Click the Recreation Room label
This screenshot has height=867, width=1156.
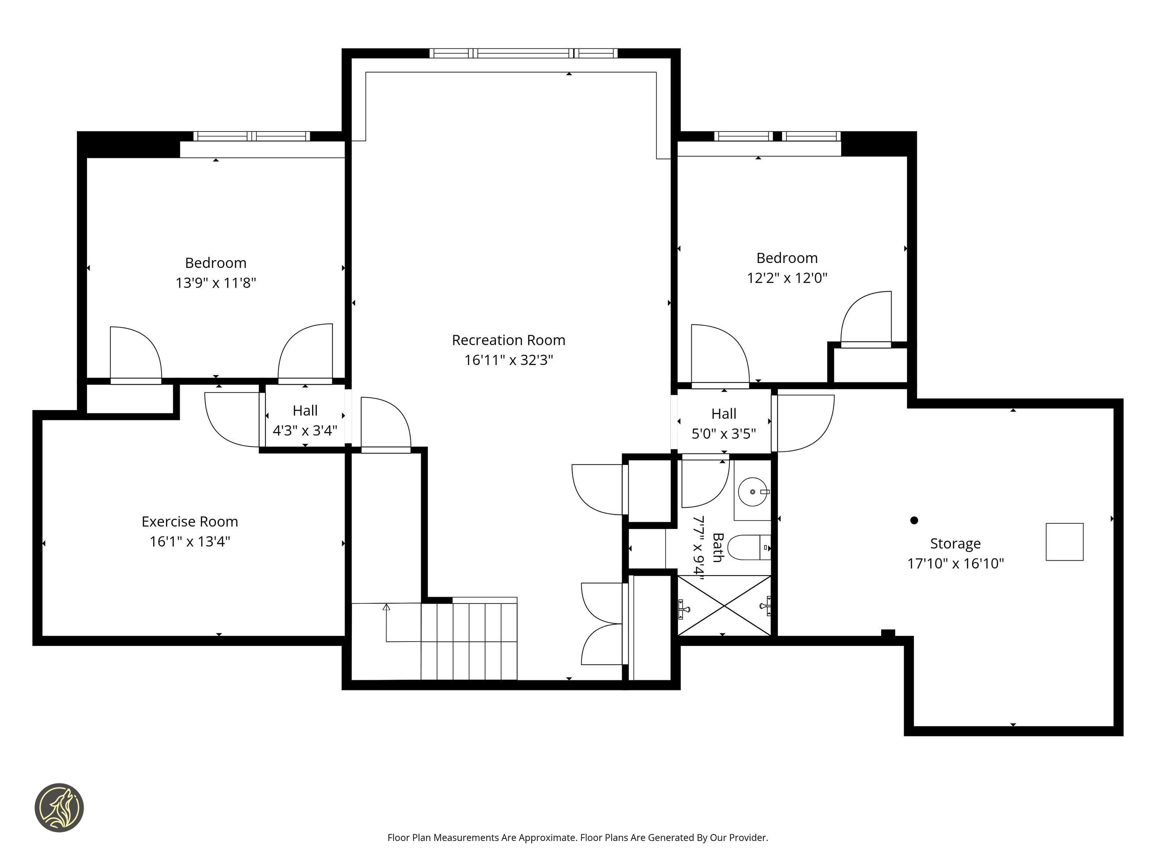pyautogui.click(x=509, y=340)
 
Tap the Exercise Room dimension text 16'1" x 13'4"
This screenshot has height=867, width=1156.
pyautogui.click(x=190, y=542)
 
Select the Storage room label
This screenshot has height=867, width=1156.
pyautogui.click(x=955, y=544)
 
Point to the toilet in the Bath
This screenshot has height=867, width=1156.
pyautogui.click(x=749, y=547)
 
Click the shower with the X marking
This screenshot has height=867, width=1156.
pyautogui.click(x=724, y=606)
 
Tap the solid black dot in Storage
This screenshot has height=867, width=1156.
pyautogui.click(x=914, y=520)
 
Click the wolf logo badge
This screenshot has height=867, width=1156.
pyautogui.click(x=59, y=807)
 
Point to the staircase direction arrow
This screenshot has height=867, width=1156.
pyautogui.click(x=386, y=622)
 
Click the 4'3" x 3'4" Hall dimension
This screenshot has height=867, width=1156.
pyautogui.click(x=305, y=431)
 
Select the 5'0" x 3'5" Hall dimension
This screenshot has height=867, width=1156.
pyautogui.click(x=724, y=434)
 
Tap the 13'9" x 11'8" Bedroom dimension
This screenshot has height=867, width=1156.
pyautogui.click(x=216, y=283)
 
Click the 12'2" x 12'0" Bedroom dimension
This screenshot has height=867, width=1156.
pyautogui.click(x=787, y=278)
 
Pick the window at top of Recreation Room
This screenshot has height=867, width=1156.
pyautogui.click(x=523, y=53)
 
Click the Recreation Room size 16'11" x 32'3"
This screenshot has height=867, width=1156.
pyautogui.click(x=509, y=360)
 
